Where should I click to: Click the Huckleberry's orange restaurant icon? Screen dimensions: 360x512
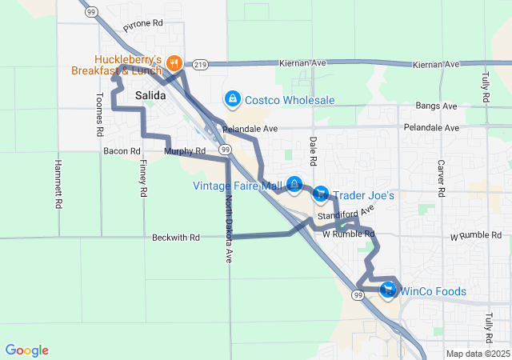coord(172,62)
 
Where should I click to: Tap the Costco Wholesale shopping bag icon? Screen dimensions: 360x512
coord(232,99)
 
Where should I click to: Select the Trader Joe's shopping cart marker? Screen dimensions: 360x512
coord(321,194)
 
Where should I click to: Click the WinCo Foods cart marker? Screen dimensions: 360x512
coord(389,290)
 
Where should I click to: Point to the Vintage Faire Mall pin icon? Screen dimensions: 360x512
coord(294,186)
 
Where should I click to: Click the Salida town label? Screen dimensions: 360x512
coord(150,95)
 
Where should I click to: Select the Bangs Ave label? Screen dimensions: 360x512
coord(437,106)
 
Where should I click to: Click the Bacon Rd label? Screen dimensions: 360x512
coord(122,150)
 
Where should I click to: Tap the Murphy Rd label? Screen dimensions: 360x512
coord(179,150)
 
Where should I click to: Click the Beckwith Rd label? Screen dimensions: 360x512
coord(172,238)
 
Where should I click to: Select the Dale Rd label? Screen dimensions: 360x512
coord(314,151)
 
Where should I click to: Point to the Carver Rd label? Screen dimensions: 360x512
coord(440,177)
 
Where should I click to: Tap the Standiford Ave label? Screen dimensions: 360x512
coord(346,214)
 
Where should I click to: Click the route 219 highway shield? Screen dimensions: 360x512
coord(198,63)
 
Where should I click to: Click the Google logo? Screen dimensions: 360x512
coord(27,350)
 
